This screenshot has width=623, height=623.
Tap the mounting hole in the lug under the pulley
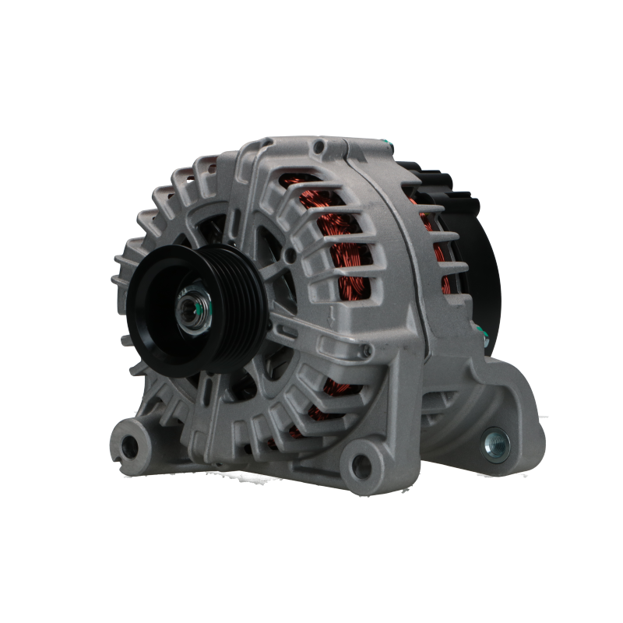pos(128,445)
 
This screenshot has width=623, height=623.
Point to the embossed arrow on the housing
pos(333,315)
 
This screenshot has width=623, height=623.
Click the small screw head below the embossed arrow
pos(365,353)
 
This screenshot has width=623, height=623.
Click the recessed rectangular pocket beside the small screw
pos(389,350)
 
